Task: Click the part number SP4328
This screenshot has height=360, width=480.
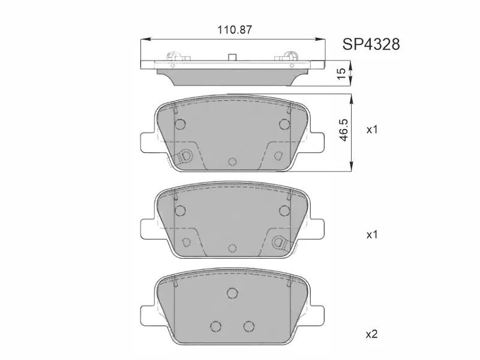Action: tap(371, 44)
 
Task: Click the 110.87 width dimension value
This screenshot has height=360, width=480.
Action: tap(235, 29)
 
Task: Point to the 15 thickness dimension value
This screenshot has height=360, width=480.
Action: tap(341, 73)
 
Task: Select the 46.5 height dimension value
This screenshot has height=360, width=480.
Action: tap(344, 130)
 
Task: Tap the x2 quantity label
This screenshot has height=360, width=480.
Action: tap(372, 334)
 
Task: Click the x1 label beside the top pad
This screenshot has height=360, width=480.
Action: tap(372, 130)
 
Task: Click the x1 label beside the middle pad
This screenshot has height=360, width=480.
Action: tap(372, 235)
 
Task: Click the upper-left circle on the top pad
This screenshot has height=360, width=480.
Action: tap(180, 124)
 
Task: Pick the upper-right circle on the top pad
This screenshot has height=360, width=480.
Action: tap(284, 124)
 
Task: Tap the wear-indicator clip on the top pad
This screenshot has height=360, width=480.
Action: tap(185, 156)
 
